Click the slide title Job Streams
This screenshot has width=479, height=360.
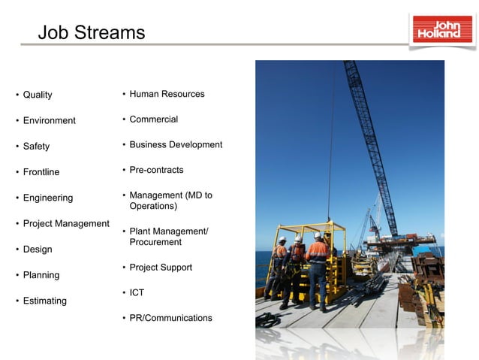(91, 33)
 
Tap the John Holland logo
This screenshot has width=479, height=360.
(443, 29)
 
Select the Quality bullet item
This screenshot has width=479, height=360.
(38, 95)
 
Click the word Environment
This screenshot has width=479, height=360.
(49, 120)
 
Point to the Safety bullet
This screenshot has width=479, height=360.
(36, 147)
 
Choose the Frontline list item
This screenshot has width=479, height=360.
(41, 172)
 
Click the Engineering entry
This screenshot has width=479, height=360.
(48, 198)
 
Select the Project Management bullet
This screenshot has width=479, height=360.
(66, 223)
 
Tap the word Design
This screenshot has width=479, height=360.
(38, 250)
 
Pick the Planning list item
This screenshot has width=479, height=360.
(41, 275)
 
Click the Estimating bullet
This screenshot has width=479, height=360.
(44, 301)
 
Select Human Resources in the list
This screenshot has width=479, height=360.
(167, 94)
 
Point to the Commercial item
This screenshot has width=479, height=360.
(153, 119)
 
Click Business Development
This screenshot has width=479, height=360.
(176, 144)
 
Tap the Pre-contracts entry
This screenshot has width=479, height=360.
(156, 170)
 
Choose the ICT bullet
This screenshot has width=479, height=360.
(137, 292)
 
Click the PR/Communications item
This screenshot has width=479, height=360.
(170, 318)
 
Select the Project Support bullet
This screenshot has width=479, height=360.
(161, 268)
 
